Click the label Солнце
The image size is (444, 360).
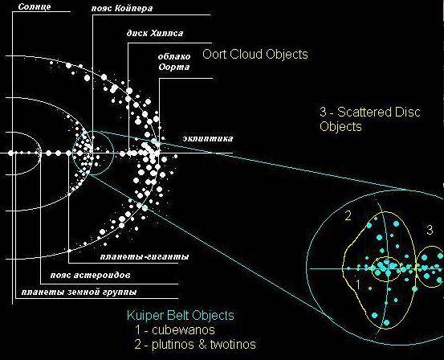coord(35,6)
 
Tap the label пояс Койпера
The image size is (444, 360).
coord(122,8)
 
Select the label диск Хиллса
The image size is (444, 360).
coord(155,33)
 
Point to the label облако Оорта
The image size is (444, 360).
coord(174,62)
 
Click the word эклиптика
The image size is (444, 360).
coord(208,138)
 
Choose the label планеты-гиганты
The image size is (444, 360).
coord(145,257)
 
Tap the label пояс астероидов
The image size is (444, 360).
coord(91,275)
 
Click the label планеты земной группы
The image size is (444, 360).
coord(79,292)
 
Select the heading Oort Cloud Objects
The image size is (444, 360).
coord(255,54)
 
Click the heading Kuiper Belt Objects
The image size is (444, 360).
coord(181,315)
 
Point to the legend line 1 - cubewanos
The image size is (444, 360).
coord(175,330)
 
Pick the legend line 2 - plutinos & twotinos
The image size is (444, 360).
coord(195,345)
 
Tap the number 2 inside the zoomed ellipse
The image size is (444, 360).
coord(348,216)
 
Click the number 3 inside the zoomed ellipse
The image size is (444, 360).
coord(430,230)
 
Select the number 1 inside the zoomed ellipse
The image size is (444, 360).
coord(358,284)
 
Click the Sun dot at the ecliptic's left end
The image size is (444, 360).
coord(11,153)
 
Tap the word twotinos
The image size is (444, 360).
coord(233,345)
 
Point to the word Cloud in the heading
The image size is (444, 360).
coord(244,54)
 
